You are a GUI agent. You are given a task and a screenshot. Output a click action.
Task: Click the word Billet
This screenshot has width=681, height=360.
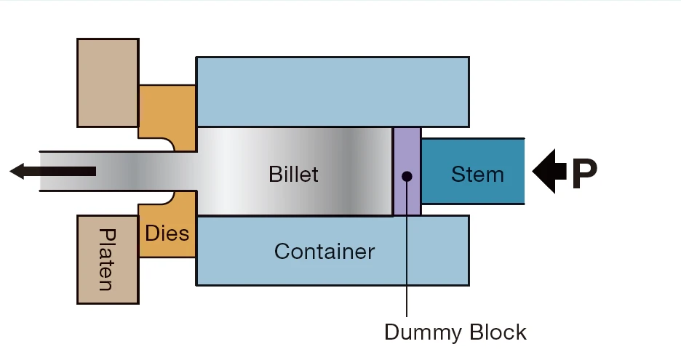tap(294, 175)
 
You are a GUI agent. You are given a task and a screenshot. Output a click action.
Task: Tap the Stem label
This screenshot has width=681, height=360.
tap(477, 175)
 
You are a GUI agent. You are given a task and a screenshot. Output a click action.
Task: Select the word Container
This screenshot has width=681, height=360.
tap(324, 252)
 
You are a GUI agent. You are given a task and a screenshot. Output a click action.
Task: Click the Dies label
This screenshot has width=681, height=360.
tap(167, 233)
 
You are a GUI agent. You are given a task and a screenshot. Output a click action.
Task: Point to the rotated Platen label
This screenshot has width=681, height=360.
tap(107, 260)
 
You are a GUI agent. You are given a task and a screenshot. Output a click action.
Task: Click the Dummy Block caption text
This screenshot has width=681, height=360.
tap(455, 332)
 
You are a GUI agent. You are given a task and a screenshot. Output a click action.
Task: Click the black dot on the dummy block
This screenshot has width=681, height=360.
tap(407, 176)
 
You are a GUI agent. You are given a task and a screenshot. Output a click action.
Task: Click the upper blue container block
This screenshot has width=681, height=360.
tap(332, 92)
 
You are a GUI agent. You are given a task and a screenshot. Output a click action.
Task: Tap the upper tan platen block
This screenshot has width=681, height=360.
tap(108, 81)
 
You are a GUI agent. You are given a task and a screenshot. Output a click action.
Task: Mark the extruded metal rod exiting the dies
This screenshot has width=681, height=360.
tap(109, 172)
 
